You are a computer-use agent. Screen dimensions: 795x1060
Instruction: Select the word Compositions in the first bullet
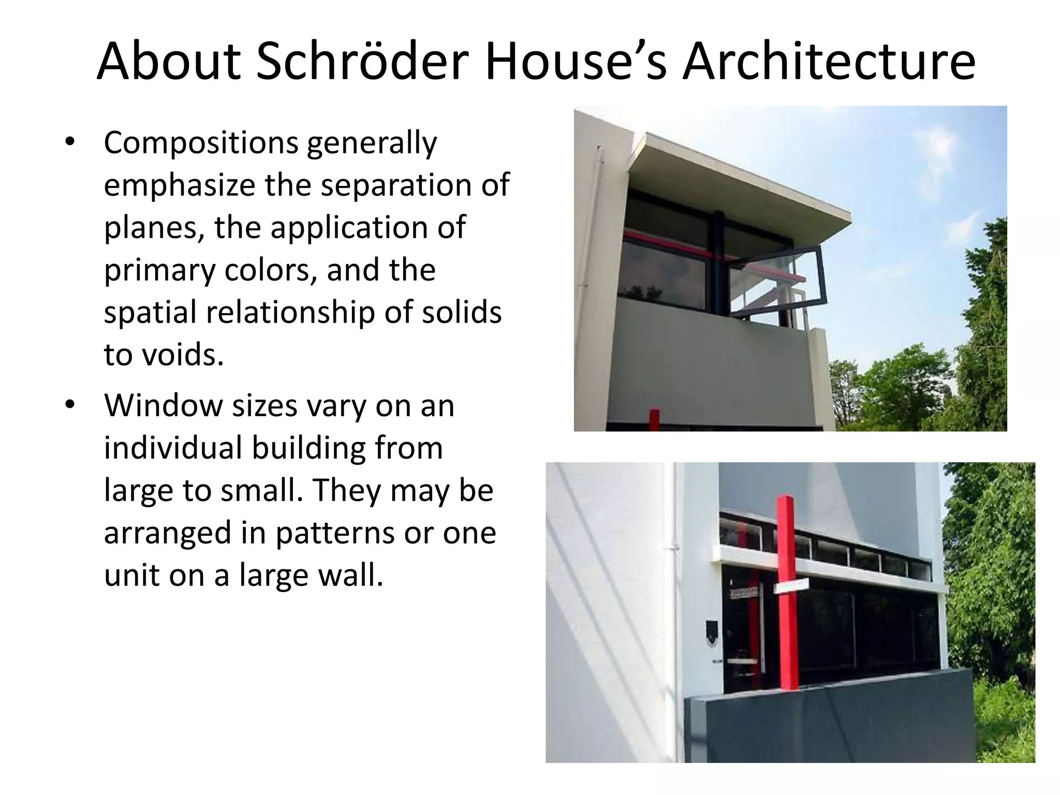click(200, 143)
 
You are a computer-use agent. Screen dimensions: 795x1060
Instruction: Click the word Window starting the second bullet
click(163, 405)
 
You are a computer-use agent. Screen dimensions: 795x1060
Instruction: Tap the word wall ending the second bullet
click(349, 575)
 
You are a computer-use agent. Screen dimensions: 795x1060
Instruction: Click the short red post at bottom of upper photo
click(655, 420)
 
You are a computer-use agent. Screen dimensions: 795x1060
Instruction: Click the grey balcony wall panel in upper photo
click(714, 362)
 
